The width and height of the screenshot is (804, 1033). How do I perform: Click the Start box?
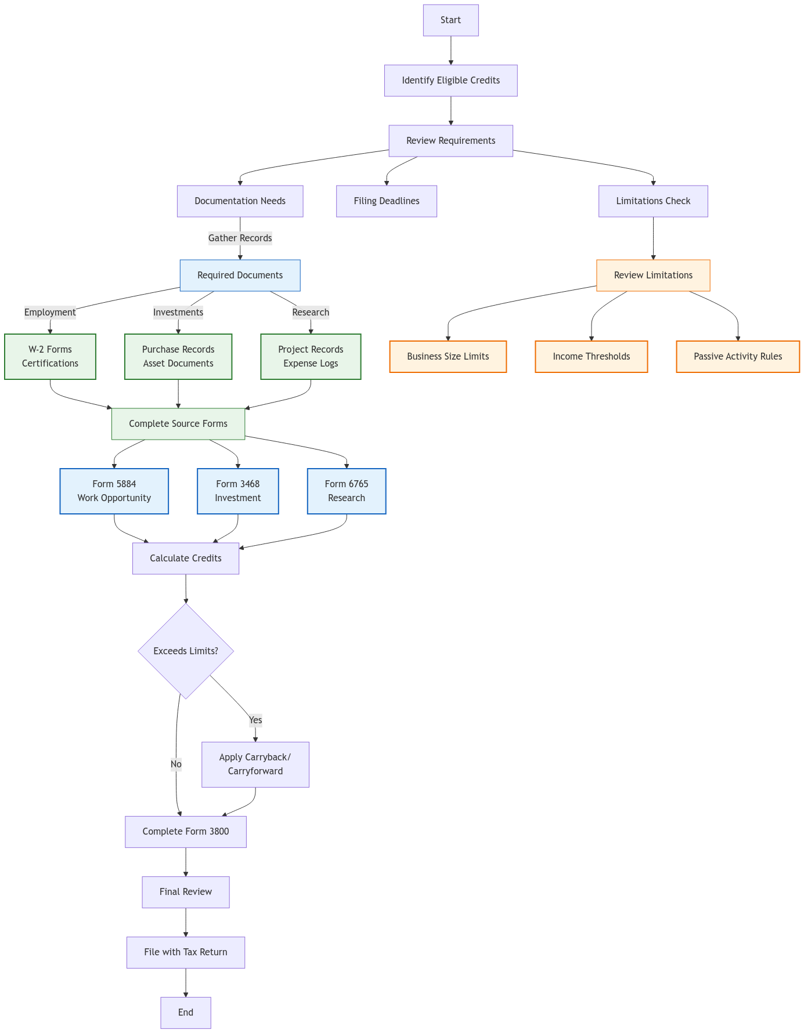450,20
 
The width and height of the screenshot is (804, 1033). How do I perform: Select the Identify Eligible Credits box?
450,81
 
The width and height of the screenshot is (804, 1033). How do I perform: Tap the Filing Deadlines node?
387,201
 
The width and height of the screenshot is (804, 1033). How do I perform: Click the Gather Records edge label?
240,238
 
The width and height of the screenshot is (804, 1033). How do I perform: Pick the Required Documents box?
240,276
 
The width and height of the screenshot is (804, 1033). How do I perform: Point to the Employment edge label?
50,312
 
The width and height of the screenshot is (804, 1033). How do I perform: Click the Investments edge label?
178,312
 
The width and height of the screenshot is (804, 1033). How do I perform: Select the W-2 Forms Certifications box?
50,357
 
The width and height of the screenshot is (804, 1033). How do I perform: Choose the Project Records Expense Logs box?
311,357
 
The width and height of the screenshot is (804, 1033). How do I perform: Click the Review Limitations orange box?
653,276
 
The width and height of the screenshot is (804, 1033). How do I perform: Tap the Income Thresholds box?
591,357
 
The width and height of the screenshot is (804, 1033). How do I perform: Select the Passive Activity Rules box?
738,357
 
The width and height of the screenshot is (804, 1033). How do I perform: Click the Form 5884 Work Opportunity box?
114,491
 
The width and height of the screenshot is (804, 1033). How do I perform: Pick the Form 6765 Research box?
347,491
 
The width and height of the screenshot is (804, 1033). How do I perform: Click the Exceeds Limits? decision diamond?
186,651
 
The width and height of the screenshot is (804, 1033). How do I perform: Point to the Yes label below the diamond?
255,720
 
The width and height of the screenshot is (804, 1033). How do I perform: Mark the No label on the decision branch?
176,764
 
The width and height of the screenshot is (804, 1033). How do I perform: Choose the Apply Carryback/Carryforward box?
255,764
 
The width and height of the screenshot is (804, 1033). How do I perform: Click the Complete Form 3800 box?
186,832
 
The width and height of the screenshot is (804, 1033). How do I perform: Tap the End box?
186,1013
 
